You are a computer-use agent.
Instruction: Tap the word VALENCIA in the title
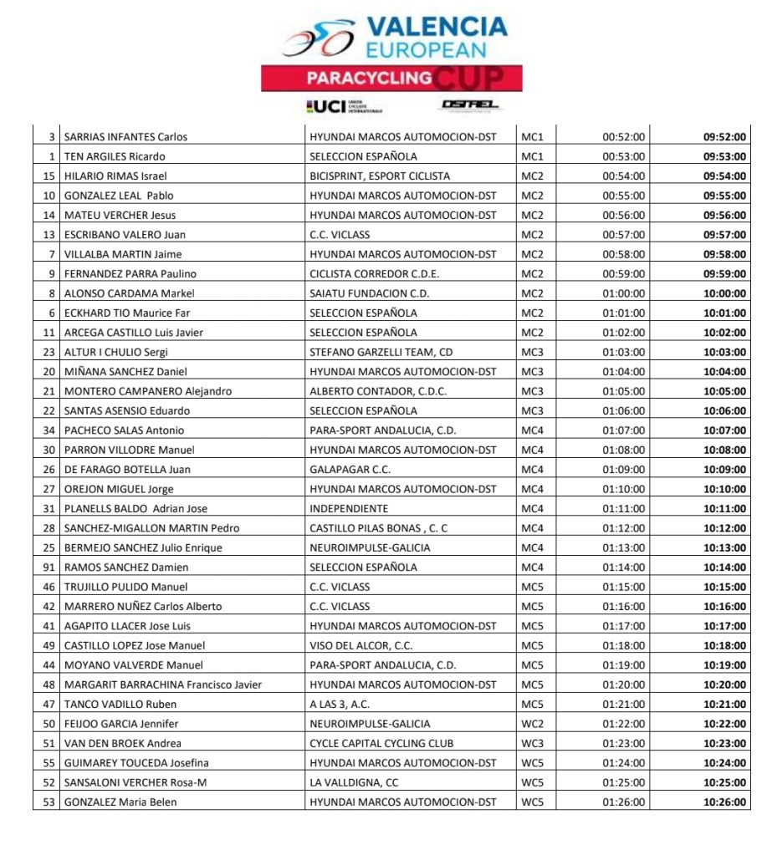click(x=437, y=26)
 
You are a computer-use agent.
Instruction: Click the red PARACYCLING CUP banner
click(x=391, y=79)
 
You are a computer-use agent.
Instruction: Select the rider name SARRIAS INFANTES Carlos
click(x=125, y=137)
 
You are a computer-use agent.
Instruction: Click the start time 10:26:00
click(x=724, y=802)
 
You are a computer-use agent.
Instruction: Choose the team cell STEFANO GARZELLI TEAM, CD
click(x=381, y=352)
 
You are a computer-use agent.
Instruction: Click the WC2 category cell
click(x=532, y=724)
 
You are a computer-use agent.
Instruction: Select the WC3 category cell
click(x=532, y=744)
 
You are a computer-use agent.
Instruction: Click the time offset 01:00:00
click(x=623, y=293)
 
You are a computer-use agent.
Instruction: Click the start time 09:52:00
click(x=724, y=137)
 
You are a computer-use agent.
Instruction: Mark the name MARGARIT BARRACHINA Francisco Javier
click(x=163, y=685)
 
